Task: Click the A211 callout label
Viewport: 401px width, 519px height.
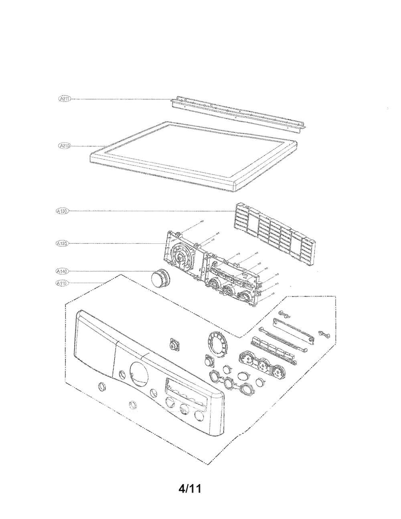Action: click(x=64, y=99)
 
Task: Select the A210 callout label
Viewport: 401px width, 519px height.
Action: click(x=64, y=146)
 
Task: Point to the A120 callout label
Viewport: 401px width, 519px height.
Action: click(x=62, y=243)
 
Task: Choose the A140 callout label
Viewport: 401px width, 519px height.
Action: click(x=62, y=272)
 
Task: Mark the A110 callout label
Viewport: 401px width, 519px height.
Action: click(x=62, y=284)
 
